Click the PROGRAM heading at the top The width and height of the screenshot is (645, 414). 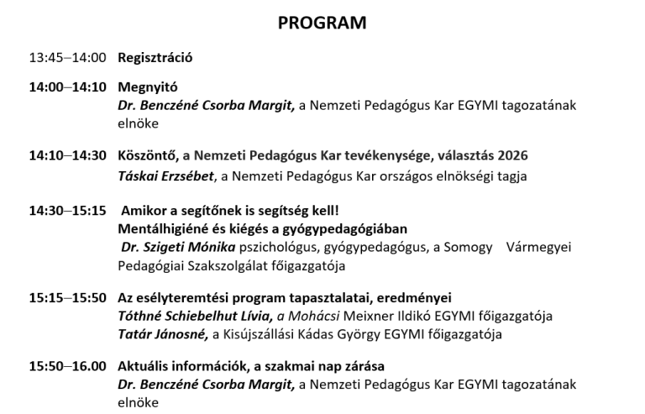pos(322,23)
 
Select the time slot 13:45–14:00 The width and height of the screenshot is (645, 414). pos(67,58)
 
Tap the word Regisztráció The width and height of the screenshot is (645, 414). pos(155,58)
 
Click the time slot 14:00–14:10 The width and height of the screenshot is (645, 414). pos(67,86)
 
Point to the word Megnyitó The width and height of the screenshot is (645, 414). pos(147,86)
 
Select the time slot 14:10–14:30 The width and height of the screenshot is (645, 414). pos(67,155)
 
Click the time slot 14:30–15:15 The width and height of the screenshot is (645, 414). pos(67,211)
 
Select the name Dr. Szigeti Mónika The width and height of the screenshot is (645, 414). pos(179,248)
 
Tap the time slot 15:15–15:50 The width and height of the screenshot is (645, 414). pos(67,297)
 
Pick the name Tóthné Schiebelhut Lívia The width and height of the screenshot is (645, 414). pos(194,317)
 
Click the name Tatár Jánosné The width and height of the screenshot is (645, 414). pos(160,335)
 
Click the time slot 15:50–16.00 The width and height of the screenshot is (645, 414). pos(67,366)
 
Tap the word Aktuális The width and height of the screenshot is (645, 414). pos(144,366)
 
